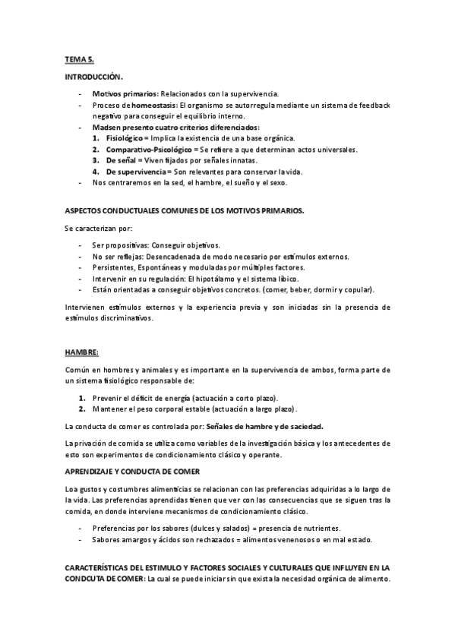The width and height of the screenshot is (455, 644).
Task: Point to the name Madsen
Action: click(107, 128)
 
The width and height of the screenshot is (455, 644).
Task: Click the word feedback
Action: click(374, 105)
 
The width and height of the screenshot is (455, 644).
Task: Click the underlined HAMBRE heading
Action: click(82, 352)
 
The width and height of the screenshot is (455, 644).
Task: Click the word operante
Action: click(262, 455)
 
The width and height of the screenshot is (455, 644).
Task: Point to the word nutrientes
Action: click(319, 528)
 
